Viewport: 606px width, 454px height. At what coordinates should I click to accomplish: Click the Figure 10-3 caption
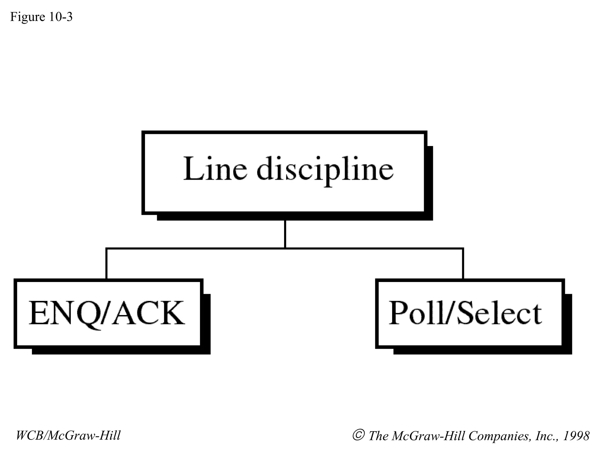click(x=41, y=17)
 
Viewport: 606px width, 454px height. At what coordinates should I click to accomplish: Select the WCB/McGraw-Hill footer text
click(x=68, y=436)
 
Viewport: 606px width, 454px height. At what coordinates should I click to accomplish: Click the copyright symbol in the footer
click(x=358, y=435)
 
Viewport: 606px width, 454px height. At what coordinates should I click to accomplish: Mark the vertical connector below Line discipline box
click(x=285, y=234)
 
